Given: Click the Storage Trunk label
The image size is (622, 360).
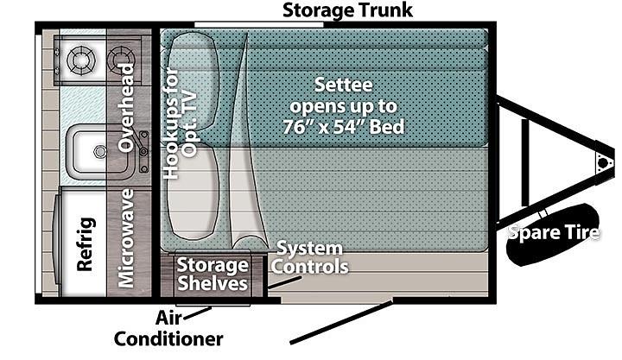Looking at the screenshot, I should click(x=348, y=10).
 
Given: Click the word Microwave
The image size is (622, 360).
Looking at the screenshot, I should click(x=127, y=237).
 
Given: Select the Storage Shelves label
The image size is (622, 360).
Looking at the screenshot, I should click(x=213, y=273).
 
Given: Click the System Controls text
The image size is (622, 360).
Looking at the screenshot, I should click(x=310, y=257).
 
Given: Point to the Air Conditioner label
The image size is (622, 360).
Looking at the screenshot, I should click(x=168, y=328).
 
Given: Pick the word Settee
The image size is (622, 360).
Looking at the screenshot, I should click(x=344, y=86).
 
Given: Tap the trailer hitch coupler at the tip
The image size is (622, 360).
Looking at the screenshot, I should click(x=602, y=162).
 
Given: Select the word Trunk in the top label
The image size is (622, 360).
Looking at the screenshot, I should click(x=384, y=10).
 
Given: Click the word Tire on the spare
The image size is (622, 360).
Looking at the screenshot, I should click(x=578, y=232).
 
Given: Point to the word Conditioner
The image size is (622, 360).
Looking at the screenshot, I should click(x=168, y=338).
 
